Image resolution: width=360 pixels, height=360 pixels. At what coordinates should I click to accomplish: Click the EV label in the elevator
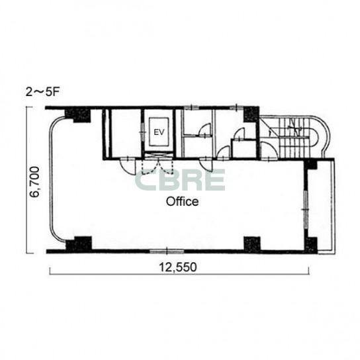pos(159,132)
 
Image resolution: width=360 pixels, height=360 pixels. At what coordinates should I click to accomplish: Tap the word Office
pos(182,202)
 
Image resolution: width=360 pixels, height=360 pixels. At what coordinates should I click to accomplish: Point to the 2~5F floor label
pos(43,92)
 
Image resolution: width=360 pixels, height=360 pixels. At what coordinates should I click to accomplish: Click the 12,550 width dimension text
pos(178,267)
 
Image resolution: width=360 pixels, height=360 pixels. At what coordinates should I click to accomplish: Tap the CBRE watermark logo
pos(180,180)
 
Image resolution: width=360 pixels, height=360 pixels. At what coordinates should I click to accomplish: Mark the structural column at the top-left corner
pos(78,115)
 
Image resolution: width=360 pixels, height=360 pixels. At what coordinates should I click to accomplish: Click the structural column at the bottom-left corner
pos(79,244)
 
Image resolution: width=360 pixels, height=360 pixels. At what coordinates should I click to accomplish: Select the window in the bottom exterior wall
pos(167,251)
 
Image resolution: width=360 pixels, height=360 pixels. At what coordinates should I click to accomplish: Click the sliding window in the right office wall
pos(306,209)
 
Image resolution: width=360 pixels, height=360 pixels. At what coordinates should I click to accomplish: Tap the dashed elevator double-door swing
pos(157,167)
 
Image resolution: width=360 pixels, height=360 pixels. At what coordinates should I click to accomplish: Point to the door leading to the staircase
pos(269,151)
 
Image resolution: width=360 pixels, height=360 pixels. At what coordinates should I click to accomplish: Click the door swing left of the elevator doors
pos(128,167)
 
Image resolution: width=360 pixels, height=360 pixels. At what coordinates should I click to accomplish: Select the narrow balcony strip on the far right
pos(326,206)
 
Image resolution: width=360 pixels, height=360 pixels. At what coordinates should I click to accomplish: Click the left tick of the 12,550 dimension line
pos(50,271)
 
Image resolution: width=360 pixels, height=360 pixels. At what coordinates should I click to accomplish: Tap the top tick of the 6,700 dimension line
pos(29,107)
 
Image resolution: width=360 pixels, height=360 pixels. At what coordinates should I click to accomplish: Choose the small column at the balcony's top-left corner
pos(311,164)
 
